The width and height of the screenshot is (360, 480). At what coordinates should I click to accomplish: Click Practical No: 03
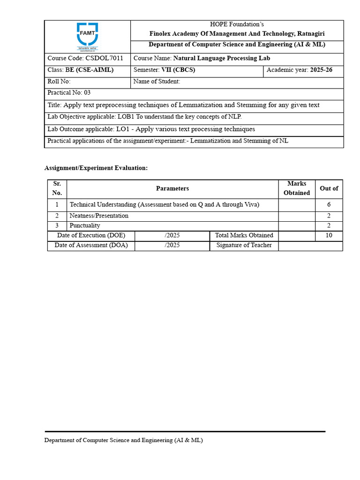[69, 93]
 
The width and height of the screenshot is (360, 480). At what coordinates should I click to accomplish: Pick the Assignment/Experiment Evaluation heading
[96, 168]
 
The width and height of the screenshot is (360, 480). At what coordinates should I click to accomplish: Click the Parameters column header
[172, 188]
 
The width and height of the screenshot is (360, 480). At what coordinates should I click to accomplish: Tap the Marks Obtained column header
[297, 188]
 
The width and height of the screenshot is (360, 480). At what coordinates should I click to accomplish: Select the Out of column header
[329, 188]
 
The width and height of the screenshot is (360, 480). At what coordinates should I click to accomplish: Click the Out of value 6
[329, 205]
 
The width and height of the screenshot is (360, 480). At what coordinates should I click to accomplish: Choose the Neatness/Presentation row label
[99, 216]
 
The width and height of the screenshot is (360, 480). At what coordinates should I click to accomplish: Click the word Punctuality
[85, 226]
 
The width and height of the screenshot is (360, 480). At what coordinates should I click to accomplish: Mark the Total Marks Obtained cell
[244, 236]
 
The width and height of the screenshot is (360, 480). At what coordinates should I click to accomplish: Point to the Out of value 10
[329, 236]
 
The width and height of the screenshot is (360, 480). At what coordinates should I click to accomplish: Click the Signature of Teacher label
[244, 246]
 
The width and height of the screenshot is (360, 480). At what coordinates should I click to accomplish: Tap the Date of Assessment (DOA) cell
[91, 246]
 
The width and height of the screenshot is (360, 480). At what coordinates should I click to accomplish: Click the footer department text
[123, 441]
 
